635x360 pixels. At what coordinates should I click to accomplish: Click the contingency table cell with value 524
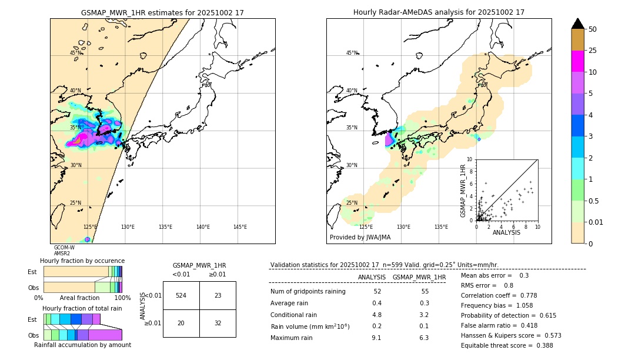click(181, 295)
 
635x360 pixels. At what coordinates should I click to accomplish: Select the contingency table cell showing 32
click(218, 323)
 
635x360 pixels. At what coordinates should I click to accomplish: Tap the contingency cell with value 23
click(218, 295)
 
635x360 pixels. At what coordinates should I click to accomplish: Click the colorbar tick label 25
click(593, 51)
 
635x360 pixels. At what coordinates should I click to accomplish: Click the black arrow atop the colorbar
click(578, 24)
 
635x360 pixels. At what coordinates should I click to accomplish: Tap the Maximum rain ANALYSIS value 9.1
click(376, 338)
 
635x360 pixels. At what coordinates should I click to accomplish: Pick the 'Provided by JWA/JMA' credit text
click(360, 237)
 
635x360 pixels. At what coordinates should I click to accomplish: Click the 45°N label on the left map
click(75, 53)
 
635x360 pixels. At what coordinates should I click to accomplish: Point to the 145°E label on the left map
click(240, 227)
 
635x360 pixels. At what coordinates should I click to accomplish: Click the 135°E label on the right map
click(441, 227)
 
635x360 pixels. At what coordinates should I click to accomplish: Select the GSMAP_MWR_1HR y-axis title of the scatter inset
click(463, 191)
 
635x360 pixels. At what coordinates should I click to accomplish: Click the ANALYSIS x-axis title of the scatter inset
click(506, 232)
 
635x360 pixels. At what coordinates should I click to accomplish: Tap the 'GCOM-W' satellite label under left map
click(64, 248)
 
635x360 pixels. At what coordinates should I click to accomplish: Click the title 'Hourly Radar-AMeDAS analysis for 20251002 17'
click(439, 12)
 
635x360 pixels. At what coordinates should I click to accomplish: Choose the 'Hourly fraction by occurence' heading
click(82, 261)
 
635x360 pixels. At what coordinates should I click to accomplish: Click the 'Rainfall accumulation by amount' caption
click(82, 345)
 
